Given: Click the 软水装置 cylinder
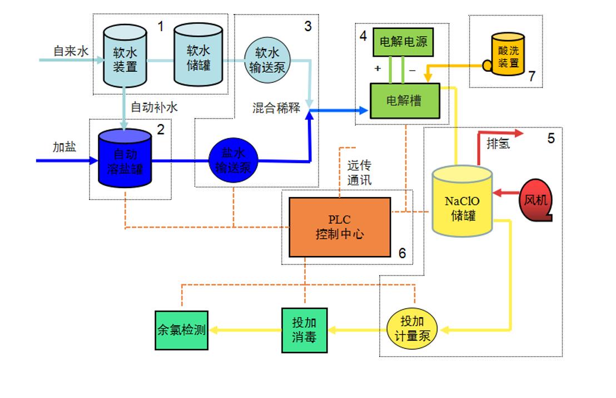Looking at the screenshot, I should (125, 58).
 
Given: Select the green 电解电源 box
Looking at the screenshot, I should (403, 42).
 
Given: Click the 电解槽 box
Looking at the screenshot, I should (404, 100).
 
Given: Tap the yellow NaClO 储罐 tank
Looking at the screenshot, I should (463, 200).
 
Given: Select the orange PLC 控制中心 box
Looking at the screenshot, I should (340, 227).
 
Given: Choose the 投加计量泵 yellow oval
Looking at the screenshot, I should (412, 330).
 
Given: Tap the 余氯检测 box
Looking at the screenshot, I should (181, 330).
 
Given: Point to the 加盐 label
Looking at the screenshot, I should (64, 147).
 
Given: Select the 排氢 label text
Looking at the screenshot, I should (498, 145).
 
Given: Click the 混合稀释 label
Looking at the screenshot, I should (276, 108).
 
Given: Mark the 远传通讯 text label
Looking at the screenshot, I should (359, 173).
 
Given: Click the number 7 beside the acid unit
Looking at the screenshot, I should (532, 76).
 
